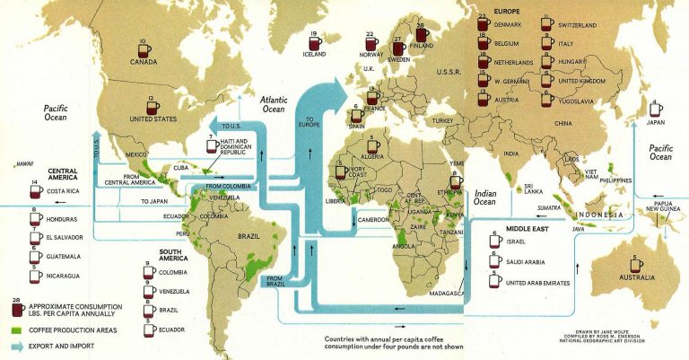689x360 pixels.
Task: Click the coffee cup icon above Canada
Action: (x=145, y=48)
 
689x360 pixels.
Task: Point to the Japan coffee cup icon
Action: (x=657, y=110)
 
